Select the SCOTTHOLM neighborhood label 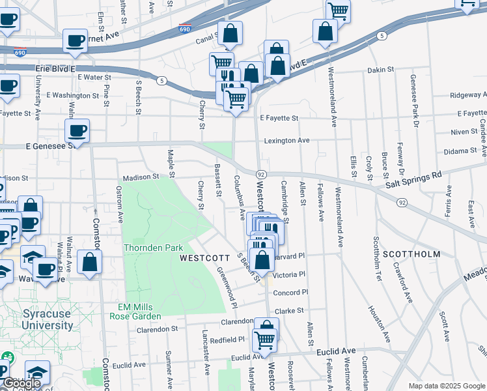point(408,253)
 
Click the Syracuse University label point(47,319)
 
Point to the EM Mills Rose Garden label point(139,311)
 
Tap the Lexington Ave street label point(286,140)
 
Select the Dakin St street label point(381,70)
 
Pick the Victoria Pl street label point(288,274)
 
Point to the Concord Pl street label point(290,293)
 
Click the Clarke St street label point(290,310)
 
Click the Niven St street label point(464,132)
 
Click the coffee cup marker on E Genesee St point(77,131)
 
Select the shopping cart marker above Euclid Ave point(264,339)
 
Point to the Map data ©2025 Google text point(446,385)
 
